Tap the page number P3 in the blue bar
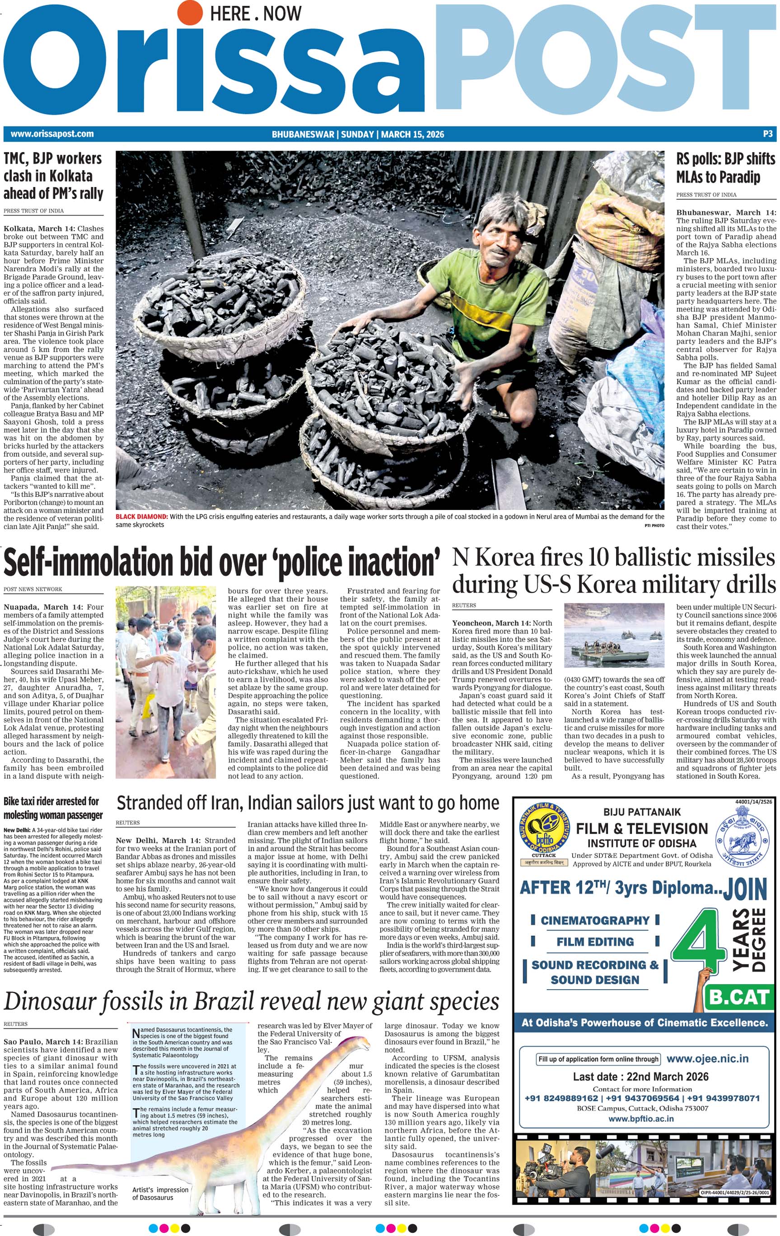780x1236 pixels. pos(767,134)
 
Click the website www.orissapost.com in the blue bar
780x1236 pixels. pos(52,134)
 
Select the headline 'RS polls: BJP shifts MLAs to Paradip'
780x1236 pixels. pos(725,168)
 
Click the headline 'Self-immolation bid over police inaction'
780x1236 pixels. pos(222,562)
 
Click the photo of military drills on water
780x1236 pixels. pos(613,634)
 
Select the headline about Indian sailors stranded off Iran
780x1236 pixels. pos(308,803)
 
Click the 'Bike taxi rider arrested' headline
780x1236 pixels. pos(53,808)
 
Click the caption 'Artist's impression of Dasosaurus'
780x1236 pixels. pos(160,1194)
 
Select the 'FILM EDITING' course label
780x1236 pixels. pos(595,941)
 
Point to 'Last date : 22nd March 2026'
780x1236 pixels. pos(640,1076)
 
